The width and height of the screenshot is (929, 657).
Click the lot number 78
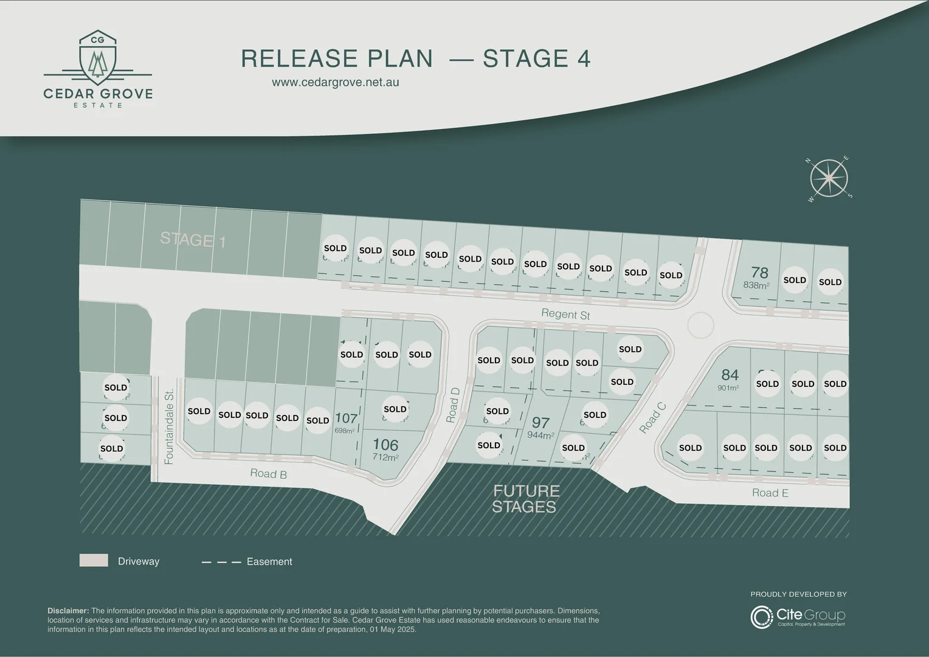coord(759,273)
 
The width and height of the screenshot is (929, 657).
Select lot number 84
coord(730,375)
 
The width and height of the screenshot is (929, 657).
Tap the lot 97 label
coord(540,423)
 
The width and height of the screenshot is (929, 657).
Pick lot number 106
coord(385,445)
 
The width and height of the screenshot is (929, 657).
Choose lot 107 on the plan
coord(346,419)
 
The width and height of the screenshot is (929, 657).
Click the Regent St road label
coord(565,314)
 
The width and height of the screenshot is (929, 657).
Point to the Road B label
coord(268,474)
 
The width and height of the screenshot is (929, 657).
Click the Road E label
coord(770,493)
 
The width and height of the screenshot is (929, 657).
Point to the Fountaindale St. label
coord(169,426)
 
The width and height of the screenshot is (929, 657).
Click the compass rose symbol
coord(829,178)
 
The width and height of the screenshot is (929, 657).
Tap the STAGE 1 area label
coord(193,240)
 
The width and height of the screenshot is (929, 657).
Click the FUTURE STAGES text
coord(525,499)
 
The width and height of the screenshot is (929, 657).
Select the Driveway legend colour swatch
coord(94,560)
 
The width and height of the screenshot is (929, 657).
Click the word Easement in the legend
coord(269,561)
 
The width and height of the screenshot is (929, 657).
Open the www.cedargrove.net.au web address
coord(335,82)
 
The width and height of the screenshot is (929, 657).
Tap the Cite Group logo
coord(798,616)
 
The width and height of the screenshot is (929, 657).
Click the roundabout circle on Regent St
coord(700,325)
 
